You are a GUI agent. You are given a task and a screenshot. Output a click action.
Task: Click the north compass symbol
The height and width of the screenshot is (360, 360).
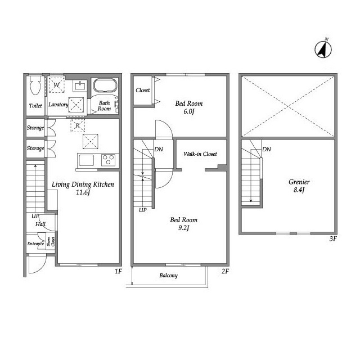coord(323,49)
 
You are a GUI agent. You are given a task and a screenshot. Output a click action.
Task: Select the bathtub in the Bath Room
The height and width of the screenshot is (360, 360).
coord(105,86)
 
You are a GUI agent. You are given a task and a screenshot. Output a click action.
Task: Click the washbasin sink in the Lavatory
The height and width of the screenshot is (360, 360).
coord(80,86)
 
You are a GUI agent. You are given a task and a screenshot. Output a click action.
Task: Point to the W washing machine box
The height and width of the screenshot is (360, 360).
coord(56,85)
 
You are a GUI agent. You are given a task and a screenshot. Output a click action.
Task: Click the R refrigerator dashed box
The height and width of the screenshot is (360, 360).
coord(78,125)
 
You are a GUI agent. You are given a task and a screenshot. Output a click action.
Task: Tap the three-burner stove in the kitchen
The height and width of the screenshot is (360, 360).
coord(109,160)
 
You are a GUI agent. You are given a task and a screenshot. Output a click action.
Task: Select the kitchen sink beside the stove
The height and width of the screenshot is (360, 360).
coord(86,160)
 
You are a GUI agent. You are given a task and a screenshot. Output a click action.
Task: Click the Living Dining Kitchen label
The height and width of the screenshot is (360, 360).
coord(83,184)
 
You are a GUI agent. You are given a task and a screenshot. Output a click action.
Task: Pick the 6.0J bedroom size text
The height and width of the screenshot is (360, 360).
coord(189,112)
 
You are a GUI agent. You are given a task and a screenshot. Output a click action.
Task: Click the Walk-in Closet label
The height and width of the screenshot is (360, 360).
coord(200,154)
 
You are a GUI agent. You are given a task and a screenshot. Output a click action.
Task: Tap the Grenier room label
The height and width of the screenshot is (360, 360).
coord(299,182)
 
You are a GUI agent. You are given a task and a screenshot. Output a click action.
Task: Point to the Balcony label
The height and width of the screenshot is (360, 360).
coord(169,276)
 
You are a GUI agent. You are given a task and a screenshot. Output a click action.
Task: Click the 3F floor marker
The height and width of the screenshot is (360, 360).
coord(333,238)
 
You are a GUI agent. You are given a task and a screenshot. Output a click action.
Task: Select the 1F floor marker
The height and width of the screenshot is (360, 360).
coord(118,271)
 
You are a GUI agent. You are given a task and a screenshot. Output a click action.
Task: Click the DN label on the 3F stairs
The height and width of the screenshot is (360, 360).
coord(267,149)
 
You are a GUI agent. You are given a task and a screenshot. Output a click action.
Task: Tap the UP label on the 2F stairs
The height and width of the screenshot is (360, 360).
coord(142,210)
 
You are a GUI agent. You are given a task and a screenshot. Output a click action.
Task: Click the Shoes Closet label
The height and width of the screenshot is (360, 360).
coord(51,241)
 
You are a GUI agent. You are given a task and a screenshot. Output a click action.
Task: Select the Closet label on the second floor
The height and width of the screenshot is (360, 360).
coord(142,90)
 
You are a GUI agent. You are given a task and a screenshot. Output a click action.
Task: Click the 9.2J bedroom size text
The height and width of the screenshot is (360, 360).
coord(183,228)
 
